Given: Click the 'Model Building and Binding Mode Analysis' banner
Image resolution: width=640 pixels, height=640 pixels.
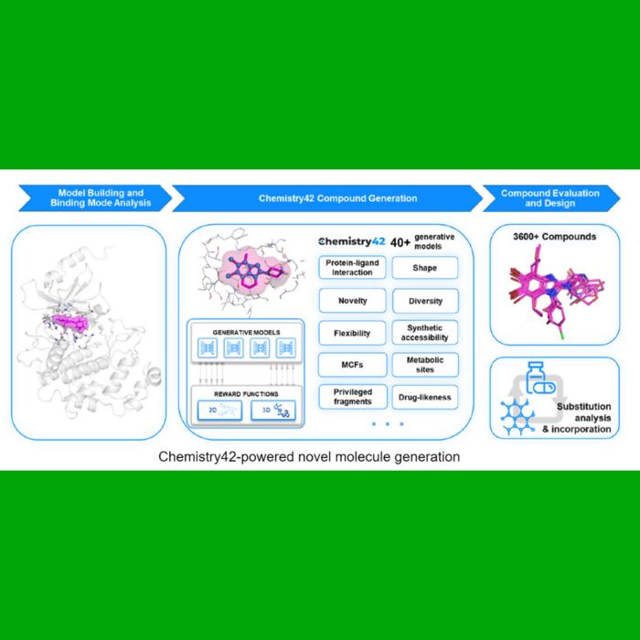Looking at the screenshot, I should tap(90, 198).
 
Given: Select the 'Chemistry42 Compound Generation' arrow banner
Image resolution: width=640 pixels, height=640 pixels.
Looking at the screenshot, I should tap(325, 198).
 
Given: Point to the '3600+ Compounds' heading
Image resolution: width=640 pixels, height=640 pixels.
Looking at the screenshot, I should tap(556, 237).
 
